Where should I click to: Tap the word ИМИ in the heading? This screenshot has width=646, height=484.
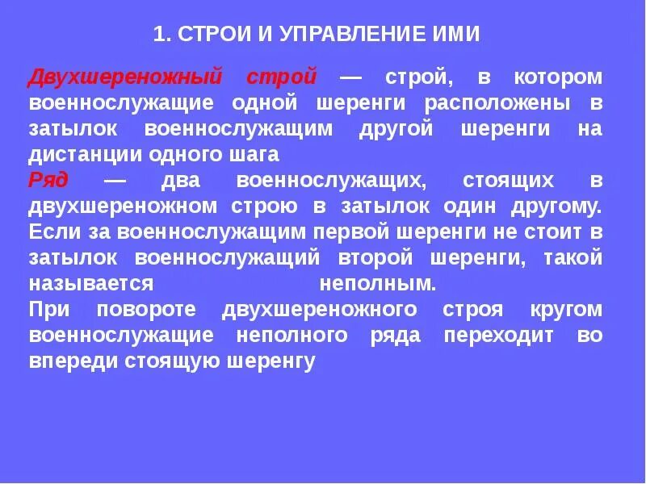pyautogui.click(x=455, y=34)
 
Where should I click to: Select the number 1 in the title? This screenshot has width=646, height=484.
pyautogui.click(x=158, y=34)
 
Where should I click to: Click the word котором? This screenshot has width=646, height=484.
pyautogui.click(x=556, y=77)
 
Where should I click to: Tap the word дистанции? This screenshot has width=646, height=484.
pyautogui.click(x=73, y=155)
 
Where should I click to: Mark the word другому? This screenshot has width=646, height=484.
pyautogui.click(x=556, y=207)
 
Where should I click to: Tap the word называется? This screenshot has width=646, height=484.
pyautogui.click(x=91, y=284)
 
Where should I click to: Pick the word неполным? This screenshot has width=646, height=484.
pyautogui.click(x=378, y=284)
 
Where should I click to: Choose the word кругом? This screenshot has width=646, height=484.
pyautogui.click(x=567, y=311)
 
